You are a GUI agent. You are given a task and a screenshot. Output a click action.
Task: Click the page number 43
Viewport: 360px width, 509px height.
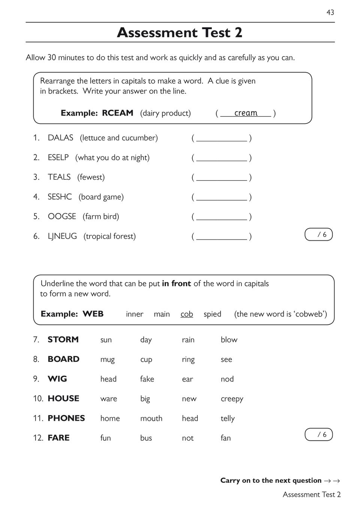point(330,12)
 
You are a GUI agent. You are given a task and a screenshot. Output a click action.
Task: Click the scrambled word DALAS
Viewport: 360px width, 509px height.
point(60,138)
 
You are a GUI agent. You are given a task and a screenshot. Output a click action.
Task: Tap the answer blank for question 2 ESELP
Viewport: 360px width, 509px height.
point(221,158)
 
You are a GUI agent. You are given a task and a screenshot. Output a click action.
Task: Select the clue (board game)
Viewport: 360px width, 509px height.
point(101,197)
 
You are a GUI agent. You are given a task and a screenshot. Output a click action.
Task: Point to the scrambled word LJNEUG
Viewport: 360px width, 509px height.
point(62,236)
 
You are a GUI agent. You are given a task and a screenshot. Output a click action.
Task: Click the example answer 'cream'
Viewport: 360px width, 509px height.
point(246,113)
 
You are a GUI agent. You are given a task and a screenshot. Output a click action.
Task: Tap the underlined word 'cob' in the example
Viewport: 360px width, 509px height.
point(187,314)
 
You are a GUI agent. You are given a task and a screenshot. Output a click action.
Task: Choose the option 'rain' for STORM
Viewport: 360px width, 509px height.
point(188,340)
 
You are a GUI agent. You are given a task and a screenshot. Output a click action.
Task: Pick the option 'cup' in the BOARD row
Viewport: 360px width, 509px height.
point(146,360)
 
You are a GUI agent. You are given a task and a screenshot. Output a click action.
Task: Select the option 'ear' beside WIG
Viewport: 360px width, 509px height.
point(187,379)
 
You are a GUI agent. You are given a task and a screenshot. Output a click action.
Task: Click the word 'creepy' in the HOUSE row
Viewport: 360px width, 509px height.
point(232,399)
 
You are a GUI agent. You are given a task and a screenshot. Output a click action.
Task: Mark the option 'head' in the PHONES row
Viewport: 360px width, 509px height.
point(190,418)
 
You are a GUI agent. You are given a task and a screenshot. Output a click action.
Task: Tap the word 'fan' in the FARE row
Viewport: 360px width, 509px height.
point(226,438)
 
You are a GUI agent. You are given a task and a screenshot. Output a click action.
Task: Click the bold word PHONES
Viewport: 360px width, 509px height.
point(66,418)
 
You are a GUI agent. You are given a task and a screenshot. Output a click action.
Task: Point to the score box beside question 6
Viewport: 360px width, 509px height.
point(318,235)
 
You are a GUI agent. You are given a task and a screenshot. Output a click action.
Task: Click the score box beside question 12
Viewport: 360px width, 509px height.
point(318,435)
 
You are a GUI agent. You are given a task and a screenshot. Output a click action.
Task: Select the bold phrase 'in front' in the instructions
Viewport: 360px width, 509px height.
point(176,284)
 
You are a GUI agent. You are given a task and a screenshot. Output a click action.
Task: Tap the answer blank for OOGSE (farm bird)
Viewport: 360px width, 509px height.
point(221,217)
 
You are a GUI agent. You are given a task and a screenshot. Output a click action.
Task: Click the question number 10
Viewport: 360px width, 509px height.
point(38,399)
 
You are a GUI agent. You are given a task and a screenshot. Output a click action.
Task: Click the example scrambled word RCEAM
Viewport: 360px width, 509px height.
point(118,113)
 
